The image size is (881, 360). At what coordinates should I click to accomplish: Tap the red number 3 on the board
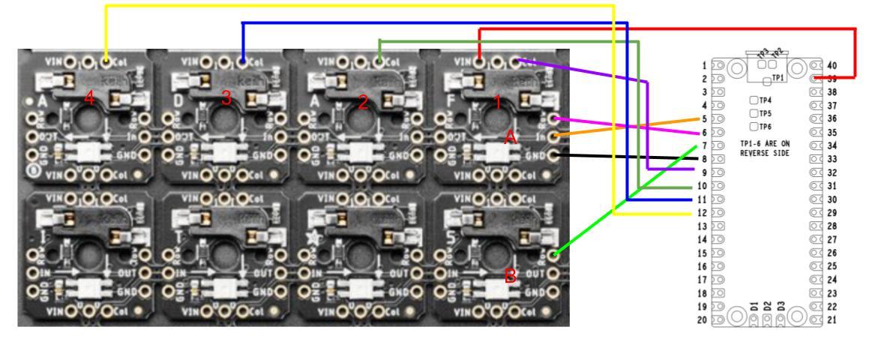[x=226, y=98]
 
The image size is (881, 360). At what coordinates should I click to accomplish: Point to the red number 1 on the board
[x=497, y=102]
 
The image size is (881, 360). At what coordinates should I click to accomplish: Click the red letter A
[x=511, y=137]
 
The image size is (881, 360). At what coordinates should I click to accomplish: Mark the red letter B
[x=511, y=277]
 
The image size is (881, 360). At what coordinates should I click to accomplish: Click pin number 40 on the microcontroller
[x=832, y=64]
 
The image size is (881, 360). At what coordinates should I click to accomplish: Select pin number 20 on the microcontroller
[x=703, y=320]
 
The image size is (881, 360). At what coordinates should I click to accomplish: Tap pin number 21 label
[x=832, y=320]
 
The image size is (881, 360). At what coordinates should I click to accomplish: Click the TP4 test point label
[x=766, y=100]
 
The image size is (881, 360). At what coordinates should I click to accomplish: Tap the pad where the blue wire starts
[x=243, y=61]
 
